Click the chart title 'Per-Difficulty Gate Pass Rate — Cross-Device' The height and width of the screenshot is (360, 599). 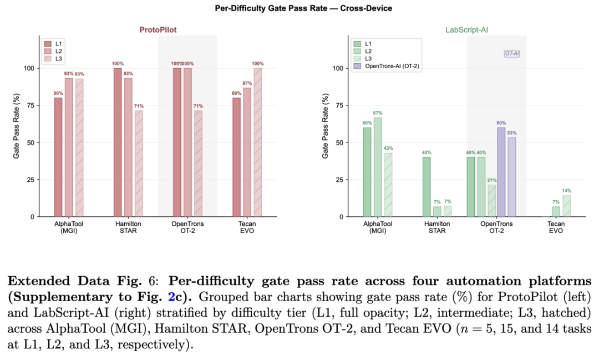pyautogui.click(x=303, y=8)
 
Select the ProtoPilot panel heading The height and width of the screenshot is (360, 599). pyautogui.click(x=158, y=30)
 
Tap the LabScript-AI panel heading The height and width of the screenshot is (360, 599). pyautogui.click(x=466, y=30)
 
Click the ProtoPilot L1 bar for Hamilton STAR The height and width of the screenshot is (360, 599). pyautogui.click(x=118, y=143)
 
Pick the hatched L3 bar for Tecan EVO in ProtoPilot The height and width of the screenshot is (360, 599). pyautogui.click(x=258, y=143)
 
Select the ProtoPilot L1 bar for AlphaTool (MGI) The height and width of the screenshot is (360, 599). pyautogui.click(x=58, y=158)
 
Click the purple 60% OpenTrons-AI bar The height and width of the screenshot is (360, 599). pyautogui.click(x=501, y=173)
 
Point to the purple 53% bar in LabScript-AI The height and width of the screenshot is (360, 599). pyautogui.click(x=511, y=178)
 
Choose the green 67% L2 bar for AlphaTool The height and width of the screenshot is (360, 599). pyautogui.click(x=378, y=167)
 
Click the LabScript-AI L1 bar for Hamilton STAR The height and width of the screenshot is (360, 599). pyautogui.click(x=427, y=187)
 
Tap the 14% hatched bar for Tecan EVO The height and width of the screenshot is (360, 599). pyautogui.click(x=566, y=206)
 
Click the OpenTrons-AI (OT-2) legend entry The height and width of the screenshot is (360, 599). pyautogui.click(x=386, y=66)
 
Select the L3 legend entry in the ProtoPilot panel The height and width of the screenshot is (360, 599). pyautogui.click(x=53, y=58)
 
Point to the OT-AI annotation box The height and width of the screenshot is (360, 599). pyautogui.click(x=512, y=53)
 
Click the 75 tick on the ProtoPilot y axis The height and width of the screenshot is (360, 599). pyautogui.click(x=31, y=105)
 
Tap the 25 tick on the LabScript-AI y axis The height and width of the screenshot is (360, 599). pyautogui.click(x=339, y=180)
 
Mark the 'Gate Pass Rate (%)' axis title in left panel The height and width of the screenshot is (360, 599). pyautogui.click(x=16, y=126)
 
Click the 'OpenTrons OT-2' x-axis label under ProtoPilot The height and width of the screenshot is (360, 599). pyautogui.click(x=187, y=227)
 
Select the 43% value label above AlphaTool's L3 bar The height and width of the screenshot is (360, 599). pyautogui.click(x=388, y=148)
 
